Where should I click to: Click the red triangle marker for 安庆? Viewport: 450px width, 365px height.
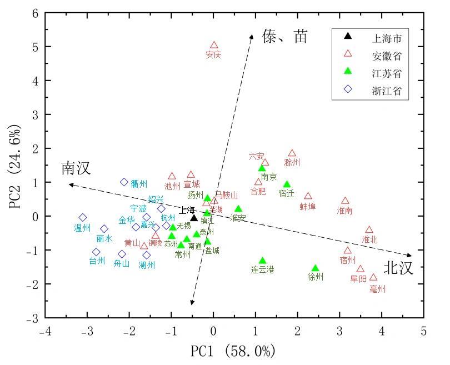pyautogui.click(x=214, y=46)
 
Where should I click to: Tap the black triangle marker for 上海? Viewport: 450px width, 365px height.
pyautogui.click(x=194, y=218)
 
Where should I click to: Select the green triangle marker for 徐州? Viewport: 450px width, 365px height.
pyautogui.click(x=315, y=268)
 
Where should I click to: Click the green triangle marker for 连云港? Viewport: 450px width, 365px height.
pyautogui.click(x=262, y=261)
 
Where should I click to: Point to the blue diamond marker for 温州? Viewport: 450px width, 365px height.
pyautogui.click(x=83, y=218)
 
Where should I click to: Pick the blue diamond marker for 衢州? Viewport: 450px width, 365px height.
pyautogui.click(x=124, y=182)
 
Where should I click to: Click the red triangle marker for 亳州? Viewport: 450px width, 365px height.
pyautogui.click(x=373, y=277)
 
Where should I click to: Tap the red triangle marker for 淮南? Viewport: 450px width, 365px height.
pyautogui.click(x=345, y=201)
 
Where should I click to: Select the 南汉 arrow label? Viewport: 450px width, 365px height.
pyautogui.click(x=76, y=169)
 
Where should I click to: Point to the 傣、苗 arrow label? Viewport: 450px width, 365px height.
pyautogui.click(x=284, y=37)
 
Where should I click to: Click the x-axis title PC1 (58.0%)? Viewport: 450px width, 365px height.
pyautogui.click(x=233, y=351)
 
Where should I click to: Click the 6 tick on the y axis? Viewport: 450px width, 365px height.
pyautogui.click(x=34, y=13)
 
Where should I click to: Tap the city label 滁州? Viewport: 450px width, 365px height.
pyautogui.click(x=292, y=163)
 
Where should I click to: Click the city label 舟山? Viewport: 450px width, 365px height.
pyautogui.click(x=122, y=264)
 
